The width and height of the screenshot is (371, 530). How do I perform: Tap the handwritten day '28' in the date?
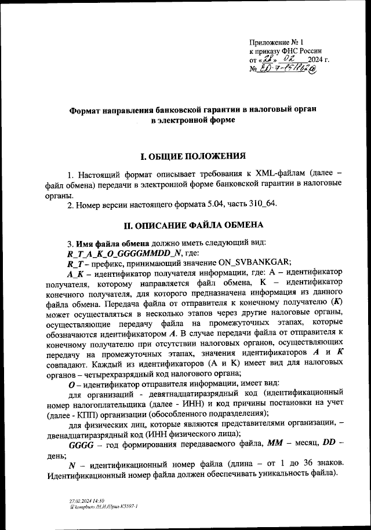coord(268,60)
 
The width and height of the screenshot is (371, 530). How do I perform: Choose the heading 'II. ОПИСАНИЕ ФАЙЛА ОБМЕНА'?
coord(185,224)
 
